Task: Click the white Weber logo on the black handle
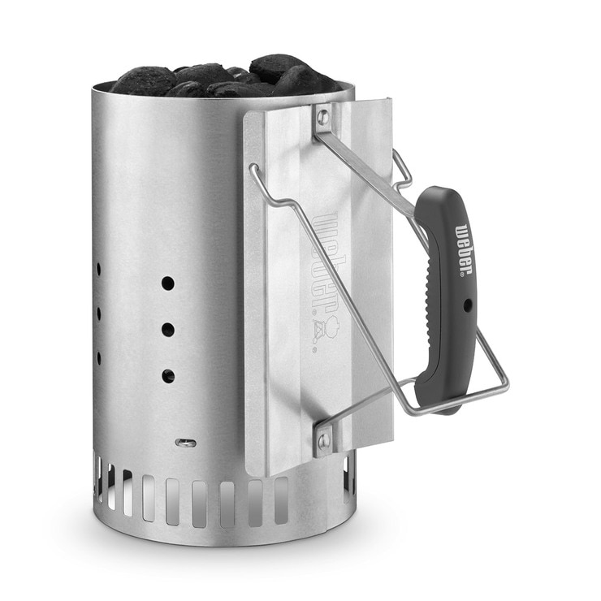[x=464, y=249]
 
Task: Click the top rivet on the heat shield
[x=324, y=114]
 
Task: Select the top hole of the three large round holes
[x=168, y=283]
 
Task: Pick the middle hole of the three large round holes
[x=168, y=330]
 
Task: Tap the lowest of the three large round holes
[x=168, y=376]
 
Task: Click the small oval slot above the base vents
[x=185, y=443]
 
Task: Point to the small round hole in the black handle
[x=467, y=305]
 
